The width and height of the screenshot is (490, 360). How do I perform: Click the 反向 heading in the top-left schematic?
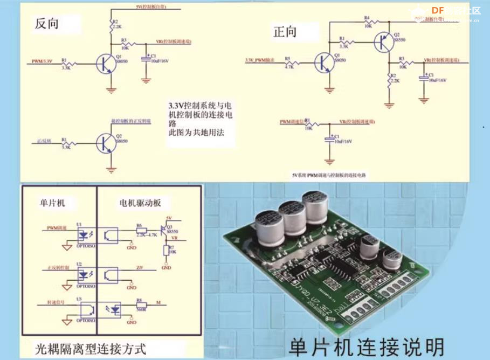(x=46, y=24)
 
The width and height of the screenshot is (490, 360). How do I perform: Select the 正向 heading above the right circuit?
(x=284, y=32)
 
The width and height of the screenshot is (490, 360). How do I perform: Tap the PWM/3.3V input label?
(x=41, y=61)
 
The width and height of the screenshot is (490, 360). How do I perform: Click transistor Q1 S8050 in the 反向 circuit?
(x=105, y=64)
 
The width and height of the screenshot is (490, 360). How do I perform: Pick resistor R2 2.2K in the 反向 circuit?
(x=112, y=24)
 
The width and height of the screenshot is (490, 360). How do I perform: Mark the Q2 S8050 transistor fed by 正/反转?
(x=105, y=143)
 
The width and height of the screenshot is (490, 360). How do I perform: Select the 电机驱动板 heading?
(x=140, y=203)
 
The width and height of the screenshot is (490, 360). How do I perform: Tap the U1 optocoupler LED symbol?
(x=84, y=235)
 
